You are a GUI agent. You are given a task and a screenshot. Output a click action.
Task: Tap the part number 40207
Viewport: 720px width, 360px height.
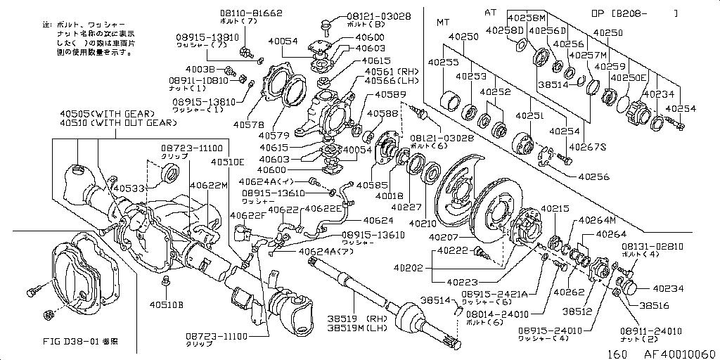[x=444, y=238]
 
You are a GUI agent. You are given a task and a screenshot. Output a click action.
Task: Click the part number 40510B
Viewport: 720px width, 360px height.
[x=166, y=305]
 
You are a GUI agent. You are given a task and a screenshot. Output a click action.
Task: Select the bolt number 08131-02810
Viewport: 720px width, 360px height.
[x=652, y=247]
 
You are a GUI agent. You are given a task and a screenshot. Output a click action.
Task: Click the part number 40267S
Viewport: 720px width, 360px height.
[x=587, y=147]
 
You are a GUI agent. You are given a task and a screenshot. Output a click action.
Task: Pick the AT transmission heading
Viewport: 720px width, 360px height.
[x=490, y=13]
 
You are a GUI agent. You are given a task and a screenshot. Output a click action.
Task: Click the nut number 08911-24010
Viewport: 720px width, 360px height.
[x=650, y=330]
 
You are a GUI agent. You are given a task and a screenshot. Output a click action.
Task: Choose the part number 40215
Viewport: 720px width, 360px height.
[x=555, y=209]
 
